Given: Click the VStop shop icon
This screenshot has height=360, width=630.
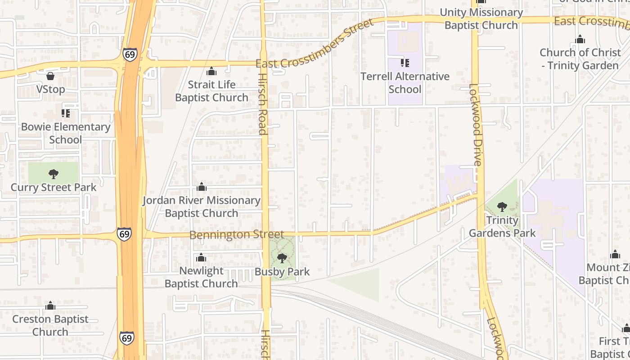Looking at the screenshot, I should coord(50,76).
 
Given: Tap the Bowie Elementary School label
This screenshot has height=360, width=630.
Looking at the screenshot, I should coord(66,133).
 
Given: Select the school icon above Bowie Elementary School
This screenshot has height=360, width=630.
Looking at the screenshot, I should coord(66,113).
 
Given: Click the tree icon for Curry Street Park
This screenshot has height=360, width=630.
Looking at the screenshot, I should coord(53,174).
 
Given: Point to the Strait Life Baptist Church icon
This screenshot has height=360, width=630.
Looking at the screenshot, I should coord(211,71).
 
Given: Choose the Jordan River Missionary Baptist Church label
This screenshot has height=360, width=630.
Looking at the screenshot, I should coord(202,207).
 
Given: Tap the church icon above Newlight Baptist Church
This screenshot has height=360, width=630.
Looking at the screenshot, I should coord(201,257).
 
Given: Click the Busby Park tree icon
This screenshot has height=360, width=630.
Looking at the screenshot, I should coord(282,258).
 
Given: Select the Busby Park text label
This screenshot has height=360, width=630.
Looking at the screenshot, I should coord(282,272).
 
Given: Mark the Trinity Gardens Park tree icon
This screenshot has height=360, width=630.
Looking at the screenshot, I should coord(502,207).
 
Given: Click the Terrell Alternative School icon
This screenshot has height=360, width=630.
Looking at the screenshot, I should coord(405,63).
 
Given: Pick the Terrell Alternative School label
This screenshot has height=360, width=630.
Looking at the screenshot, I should coord(405,83).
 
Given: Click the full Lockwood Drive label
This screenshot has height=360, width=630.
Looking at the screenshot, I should coord(475,125).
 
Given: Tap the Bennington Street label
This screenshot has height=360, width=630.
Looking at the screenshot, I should coord(237,235).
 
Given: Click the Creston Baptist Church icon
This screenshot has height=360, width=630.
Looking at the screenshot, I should coord(50,306).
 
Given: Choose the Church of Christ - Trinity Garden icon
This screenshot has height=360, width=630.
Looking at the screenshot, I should coord(580,39).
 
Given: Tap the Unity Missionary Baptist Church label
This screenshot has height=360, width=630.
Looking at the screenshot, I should coord(481,19).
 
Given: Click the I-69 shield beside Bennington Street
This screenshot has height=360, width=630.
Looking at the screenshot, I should coord(125,234).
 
